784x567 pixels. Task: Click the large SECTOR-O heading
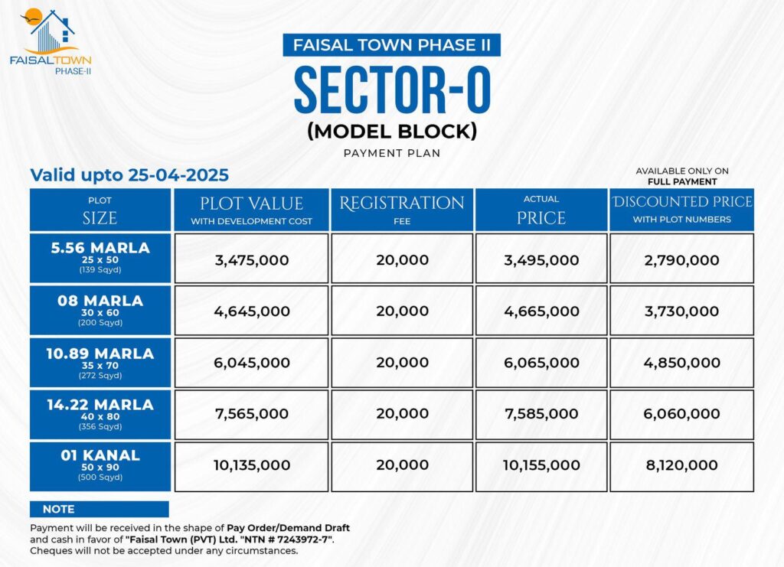pos(392,90)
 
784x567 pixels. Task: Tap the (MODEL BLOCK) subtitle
pos(392,131)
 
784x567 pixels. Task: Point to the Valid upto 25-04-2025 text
pos(129,175)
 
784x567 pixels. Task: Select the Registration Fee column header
pos(402,210)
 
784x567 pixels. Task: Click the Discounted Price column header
pos(681,210)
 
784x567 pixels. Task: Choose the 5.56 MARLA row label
pos(100,258)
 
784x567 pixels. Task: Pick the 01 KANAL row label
pos(100,465)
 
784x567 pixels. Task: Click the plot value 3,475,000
pos(252,260)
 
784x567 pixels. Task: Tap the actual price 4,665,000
pos(541,311)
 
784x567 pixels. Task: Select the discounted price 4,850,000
pos(681,363)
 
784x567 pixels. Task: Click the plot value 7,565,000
pos(252,414)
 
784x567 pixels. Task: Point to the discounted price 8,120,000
pos(681,465)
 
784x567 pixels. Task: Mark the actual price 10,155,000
pos(541,465)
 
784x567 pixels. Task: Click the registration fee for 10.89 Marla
pos(402,363)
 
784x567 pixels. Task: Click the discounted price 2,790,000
pos(681,260)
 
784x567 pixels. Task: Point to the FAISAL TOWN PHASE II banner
pos(392,44)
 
